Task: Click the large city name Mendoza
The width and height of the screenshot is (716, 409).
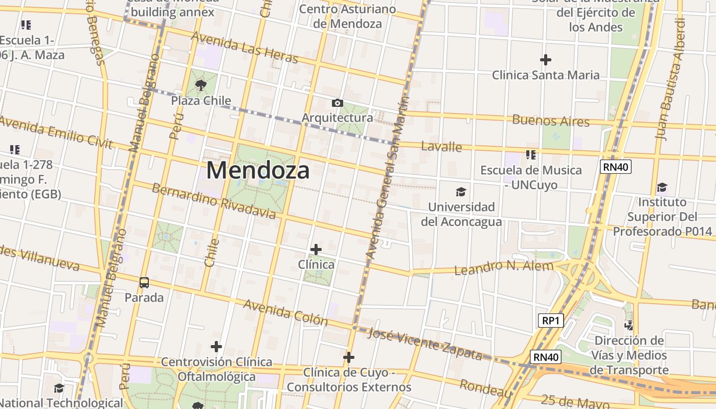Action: click(x=258, y=170)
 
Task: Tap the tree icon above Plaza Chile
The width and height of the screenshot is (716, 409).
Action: click(x=201, y=85)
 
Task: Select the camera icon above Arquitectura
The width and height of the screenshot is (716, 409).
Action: click(x=337, y=103)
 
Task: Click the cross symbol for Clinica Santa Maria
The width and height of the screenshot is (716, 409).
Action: click(x=546, y=60)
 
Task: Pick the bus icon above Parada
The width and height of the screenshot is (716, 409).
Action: click(x=144, y=282)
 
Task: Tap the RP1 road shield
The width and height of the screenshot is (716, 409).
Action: click(x=551, y=321)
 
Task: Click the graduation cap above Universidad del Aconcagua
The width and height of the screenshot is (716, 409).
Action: click(x=461, y=192)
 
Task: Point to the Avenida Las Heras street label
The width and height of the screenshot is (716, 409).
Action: click(x=244, y=48)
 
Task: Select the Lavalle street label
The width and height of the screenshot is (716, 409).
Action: click(x=441, y=147)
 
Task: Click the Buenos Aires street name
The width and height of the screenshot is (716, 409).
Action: click(x=551, y=121)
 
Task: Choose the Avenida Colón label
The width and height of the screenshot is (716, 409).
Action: click(x=285, y=312)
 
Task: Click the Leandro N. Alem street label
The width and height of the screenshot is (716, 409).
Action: click(x=504, y=267)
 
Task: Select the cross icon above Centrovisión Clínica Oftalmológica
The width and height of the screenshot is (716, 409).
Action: click(x=216, y=347)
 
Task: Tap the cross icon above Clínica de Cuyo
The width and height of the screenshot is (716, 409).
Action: click(x=349, y=357)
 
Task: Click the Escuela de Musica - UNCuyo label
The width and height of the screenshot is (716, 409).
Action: click(x=531, y=177)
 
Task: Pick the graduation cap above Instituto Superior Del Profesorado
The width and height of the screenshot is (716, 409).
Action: click(x=662, y=187)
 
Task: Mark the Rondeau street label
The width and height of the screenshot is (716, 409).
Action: click(x=485, y=389)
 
